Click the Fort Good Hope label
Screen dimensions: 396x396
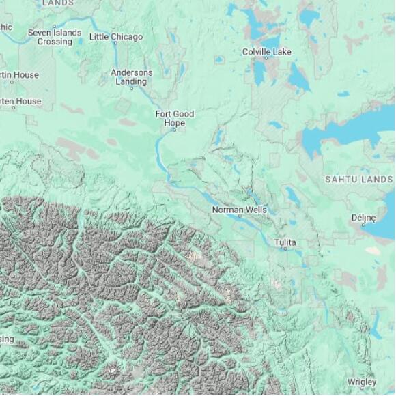pos(175,118)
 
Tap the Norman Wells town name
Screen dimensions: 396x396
pos(239,210)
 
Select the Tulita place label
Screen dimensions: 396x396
pos(285,242)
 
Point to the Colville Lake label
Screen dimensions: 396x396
pos(266,52)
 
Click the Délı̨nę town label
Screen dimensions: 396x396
pos(363,218)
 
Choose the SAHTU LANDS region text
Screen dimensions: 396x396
pos(358,179)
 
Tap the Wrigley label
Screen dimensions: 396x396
pos(361,381)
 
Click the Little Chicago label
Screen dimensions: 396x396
pos(116,36)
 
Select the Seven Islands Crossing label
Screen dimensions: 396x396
pos(55,37)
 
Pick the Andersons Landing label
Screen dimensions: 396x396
pos(132,77)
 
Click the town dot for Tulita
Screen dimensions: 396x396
pos(286,250)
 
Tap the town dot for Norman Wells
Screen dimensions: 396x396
pos(239,216)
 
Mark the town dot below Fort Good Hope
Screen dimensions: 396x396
pos(175,130)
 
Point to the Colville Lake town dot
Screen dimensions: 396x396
pos(266,59)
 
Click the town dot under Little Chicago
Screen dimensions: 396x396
pos(115,43)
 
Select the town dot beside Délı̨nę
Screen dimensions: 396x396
pos(363,225)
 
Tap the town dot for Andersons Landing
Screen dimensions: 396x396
pos(132,88)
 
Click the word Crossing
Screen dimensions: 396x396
pos(55,42)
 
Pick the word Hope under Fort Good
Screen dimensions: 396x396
pos(175,123)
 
